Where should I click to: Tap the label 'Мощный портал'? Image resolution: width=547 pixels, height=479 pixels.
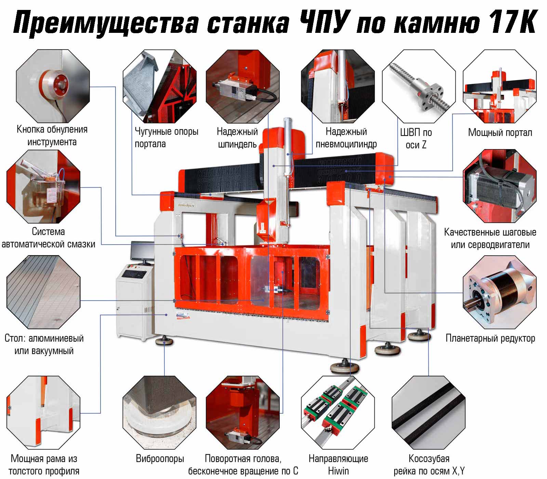(500, 132)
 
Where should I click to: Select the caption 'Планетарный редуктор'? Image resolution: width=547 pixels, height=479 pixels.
(490, 338)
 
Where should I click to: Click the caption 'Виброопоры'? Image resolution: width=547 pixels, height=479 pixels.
(160, 458)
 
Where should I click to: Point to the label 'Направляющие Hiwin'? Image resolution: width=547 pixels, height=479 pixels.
(338, 464)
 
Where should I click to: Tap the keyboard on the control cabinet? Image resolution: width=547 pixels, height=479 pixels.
(134, 274)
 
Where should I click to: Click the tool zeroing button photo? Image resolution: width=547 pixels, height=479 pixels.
(53, 86)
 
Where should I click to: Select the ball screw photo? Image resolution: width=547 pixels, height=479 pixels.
(419, 86)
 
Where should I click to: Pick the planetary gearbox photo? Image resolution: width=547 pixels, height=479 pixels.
(499, 293)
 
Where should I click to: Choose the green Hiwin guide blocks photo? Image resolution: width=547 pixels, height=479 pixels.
(338, 413)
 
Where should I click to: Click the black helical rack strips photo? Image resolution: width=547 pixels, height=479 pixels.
(428, 413)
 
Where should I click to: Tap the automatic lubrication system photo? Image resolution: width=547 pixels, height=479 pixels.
(43, 186)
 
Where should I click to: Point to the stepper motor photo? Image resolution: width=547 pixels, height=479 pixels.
(499, 186)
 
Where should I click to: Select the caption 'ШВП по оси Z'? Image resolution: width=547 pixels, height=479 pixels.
(416, 139)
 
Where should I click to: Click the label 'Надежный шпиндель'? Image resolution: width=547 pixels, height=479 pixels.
(237, 138)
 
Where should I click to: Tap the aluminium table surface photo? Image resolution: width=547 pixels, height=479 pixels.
(43, 293)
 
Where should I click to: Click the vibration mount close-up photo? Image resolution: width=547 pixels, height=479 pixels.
(160, 413)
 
